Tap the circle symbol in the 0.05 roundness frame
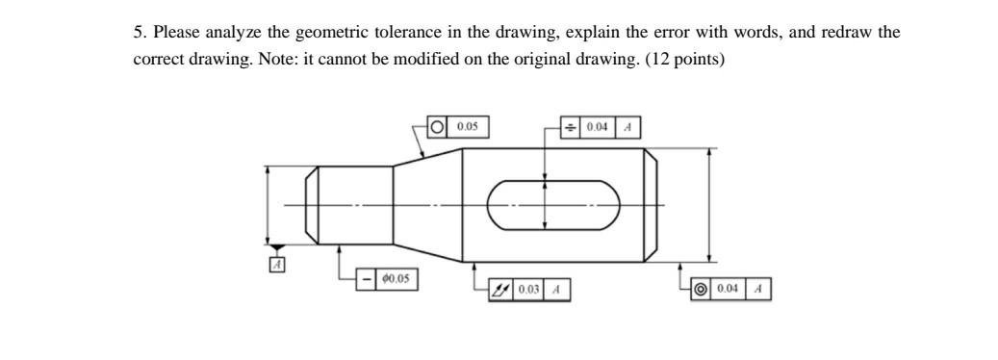pyautogui.click(x=438, y=126)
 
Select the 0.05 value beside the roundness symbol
pyautogui.click(x=468, y=126)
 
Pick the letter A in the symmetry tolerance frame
pyautogui.click(x=627, y=127)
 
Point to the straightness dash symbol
pyautogui.click(x=367, y=279)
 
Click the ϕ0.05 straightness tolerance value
pyautogui.click(x=396, y=279)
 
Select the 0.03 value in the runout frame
pyautogui.click(x=528, y=289)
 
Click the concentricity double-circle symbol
pyautogui.click(x=701, y=288)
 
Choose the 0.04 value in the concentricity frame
pyautogui.click(x=729, y=288)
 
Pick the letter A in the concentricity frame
pyautogui.click(x=758, y=288)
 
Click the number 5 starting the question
pyautogui.click(x=138, y=32)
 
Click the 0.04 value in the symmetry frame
pyautogui.click(x=599, y=127)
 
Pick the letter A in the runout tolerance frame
pyautogui.click(x=557, y=289)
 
